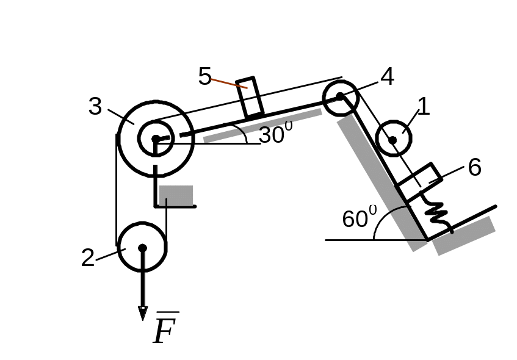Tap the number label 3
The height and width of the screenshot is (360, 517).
click(95, 107)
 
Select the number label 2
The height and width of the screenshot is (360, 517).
click(89, 258)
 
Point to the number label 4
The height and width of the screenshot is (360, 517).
click(386, 76)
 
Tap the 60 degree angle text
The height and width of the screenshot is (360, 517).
click(359, 218)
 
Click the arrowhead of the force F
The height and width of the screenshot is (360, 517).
click(142, 314)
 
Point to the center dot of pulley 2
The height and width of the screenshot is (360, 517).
click(142, 248)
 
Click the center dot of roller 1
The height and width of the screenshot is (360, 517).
click(392, 140)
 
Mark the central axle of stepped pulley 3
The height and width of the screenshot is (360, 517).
click(156, 140)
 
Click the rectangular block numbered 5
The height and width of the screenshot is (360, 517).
click(250, 97)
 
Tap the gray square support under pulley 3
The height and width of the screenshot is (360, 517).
click(176, 195)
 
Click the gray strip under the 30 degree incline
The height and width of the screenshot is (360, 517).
click(262, 126)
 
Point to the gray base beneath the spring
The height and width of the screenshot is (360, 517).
click(464, 236)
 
